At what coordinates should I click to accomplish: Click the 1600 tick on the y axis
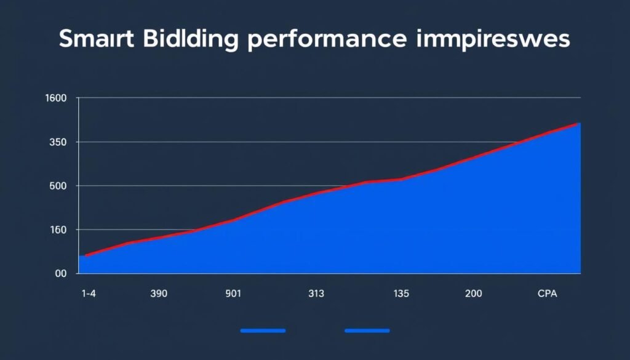57,98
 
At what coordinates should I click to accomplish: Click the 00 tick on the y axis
60,274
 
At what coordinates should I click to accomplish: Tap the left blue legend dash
263,330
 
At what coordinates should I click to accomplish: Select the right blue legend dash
367,330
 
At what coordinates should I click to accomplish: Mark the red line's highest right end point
580,124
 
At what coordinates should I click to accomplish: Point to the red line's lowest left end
86,255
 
